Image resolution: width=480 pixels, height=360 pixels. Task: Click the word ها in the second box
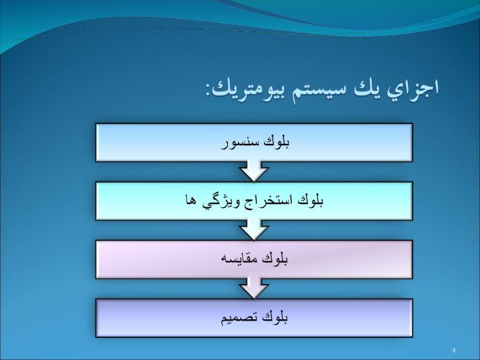[191, 201]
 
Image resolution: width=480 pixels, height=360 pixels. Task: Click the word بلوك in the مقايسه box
[275, 259]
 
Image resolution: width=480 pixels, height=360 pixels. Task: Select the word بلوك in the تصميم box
[275, 317]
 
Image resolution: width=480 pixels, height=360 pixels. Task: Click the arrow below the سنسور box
[254, 171]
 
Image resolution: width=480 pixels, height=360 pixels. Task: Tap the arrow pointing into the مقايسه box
[254, 229]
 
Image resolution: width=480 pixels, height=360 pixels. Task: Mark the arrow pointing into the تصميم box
[254, 288]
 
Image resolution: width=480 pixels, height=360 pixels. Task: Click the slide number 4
[454, 350]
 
